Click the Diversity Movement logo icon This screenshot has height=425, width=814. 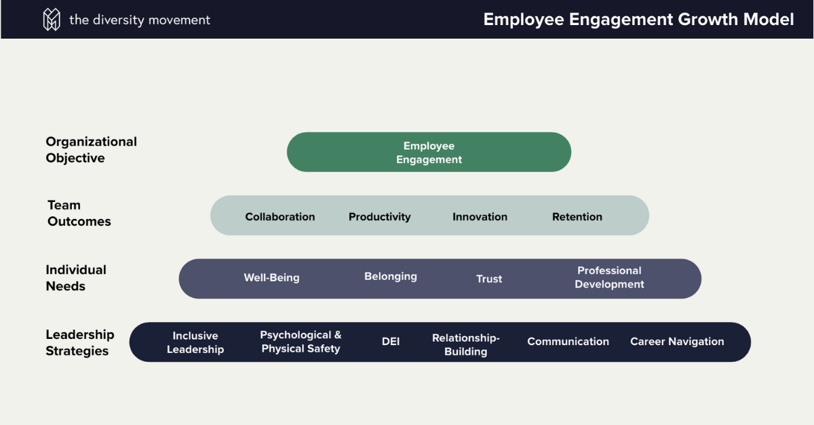pyautogui.click(x=52, y=20)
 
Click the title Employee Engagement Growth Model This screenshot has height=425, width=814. pyautogui.click(x=638, y=20)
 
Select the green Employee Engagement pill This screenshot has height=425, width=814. pyautogui.click(x=429, y=153)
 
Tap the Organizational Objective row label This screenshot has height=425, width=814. pyautogui.click(x=91, y=150)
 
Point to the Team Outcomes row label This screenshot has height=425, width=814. pyautogui.click(x=79, y=213)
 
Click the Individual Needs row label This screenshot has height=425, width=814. pyautogui.click(x=76, y=278)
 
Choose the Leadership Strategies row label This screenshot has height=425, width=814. pyautogui.click(x=79, y=342)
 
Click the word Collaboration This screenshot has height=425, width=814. pyautogui.click(x=279, y=217)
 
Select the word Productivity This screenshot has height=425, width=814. pyautogui.click(x=379, y=217)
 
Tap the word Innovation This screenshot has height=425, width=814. pyautogui.click(x=480, y=217)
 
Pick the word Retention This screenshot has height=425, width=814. pyautogui.click(x=577, y=217)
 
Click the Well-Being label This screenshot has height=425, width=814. pyautogui.click(x=271, y=278)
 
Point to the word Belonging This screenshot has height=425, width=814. pyautogui.click(x=390, y=277)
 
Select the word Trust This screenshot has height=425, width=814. pyautogui.click(x=489, y=279)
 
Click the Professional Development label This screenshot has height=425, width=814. pyautogui.click(x=609, y=277)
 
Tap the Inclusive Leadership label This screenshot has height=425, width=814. pyautogui.click(x=195, y=342)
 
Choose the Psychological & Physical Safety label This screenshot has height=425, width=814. pyautogui.click(x=301, y=342)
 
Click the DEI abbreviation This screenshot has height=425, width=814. pyautogui.click(x=391, y=342)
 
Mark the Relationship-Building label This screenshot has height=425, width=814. pyautogui.click(x=465, y=344)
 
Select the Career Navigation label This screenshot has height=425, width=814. pyautogui.click(x=677, y=342)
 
